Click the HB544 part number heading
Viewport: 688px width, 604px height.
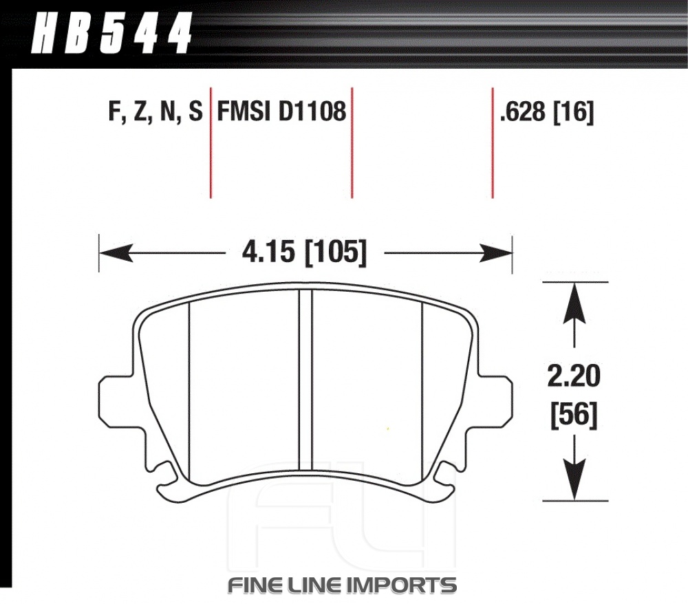click(x=112, y=32)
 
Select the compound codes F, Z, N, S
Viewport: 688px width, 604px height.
click(x=155, y=111)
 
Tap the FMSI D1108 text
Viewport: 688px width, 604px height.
click(x=281, y=111)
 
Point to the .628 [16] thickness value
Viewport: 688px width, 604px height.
click(x=547, y=112)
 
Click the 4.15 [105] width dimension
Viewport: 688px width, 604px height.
click(x=304, y=252)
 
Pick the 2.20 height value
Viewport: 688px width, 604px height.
click(x=574, y=376)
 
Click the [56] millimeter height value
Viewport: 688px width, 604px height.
click(x=574, y=415)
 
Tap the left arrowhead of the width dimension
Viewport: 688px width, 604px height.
click(x=116, y=253)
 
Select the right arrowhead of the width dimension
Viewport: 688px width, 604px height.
click(x=495, y=253)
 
